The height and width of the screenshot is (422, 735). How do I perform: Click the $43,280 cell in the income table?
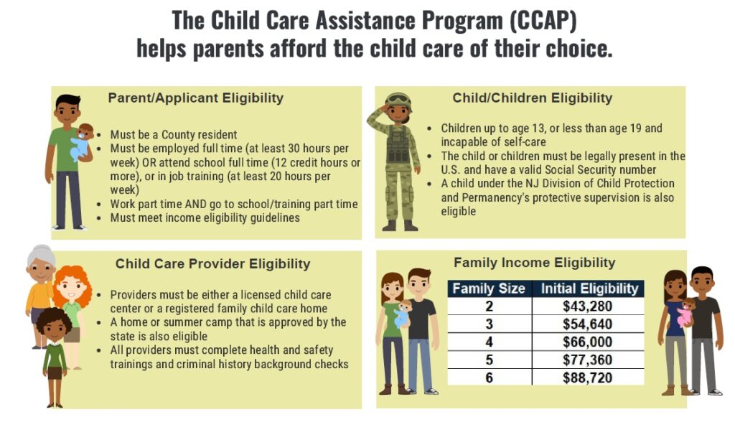589,306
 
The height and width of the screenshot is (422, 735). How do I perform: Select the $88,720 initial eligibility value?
589,376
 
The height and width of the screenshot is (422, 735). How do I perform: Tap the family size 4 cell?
489,342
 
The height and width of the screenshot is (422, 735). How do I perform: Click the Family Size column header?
489,289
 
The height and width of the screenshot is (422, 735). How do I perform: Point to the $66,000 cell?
589,342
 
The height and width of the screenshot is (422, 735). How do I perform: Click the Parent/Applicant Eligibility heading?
195,98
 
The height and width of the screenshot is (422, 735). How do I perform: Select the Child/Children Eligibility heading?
532,98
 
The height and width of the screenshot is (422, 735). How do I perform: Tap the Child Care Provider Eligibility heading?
212,263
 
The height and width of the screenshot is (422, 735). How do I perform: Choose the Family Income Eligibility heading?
534,262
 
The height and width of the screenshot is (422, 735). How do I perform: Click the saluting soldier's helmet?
398,100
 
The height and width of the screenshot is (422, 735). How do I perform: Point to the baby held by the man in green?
82,141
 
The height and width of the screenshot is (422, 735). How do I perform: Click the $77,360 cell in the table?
589,359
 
